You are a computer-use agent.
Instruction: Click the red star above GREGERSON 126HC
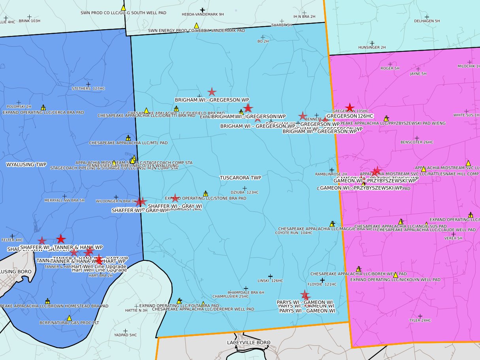pyautogui.click(x=349, y=107)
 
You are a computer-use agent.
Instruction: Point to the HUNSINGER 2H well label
pyautogui.click(x=372, y=47)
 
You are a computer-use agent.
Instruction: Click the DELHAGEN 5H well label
pyautogui.click(x=427, y=21)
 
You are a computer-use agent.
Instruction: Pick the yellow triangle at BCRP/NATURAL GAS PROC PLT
pyautogui.click(x=69, y=318)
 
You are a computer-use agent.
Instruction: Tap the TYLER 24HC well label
pyautogui.click(x=420, y=320)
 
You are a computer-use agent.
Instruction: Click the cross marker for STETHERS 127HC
pyautogui.click(x=88, y=84)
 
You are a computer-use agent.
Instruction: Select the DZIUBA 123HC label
pyautogui.click(x=247, y=192)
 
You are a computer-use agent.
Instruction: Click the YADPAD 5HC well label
pyautogui.click(x=125, y=335)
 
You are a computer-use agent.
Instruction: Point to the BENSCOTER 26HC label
pyautogui.click(x=417, y=142)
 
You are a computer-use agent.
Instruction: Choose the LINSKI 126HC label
pyautogui.click(x=271, y=281)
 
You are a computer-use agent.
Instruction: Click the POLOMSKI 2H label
pyautogui.click(x=19, y=107)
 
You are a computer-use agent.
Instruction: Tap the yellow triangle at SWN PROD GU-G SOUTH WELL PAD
pyautogui.click(x=123, y=8)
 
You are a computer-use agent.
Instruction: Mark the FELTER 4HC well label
pyautogui.click(x=12, y=240)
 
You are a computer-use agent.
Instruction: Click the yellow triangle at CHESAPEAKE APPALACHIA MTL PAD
pyautogui.click(x=128, y=138)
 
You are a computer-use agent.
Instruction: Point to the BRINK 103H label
pyautogui.click(x=30, y=21)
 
